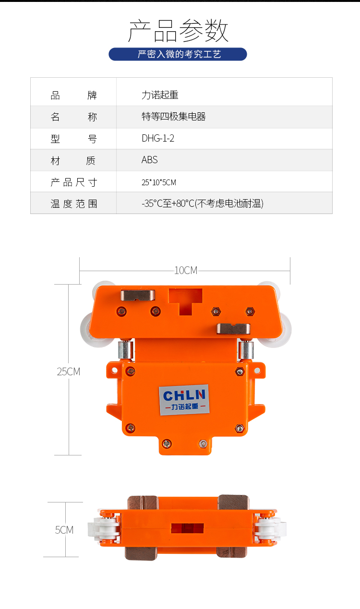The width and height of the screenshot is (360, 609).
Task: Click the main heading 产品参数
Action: [178, 31]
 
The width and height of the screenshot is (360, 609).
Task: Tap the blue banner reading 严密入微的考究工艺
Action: [178, 54]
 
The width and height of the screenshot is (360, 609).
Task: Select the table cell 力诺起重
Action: [160, 95]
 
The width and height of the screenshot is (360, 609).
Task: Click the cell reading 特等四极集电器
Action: [173, 117]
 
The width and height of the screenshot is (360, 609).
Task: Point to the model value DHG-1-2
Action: [158, 138]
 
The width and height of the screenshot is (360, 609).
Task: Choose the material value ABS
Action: [150, 160]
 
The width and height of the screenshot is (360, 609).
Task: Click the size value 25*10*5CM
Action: [159, 182]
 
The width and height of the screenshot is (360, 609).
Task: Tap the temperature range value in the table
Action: [203, 203]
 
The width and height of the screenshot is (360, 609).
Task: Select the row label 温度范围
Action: [74, 203]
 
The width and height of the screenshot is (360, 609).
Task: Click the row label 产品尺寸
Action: [74, 182]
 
